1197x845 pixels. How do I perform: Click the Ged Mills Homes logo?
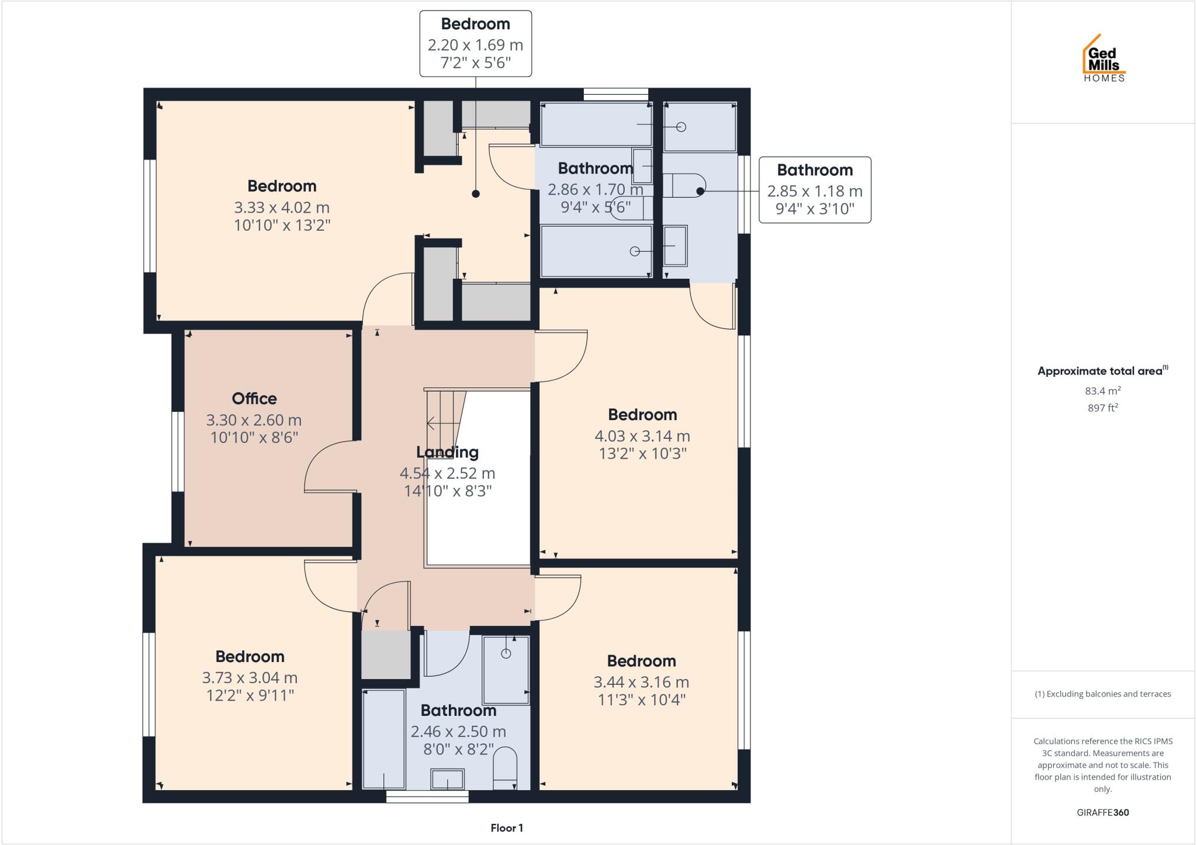[1104, 58]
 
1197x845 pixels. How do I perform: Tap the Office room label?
[254, 399]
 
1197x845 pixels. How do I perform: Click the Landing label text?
[447, 452]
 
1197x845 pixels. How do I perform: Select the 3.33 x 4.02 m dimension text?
[282, 207]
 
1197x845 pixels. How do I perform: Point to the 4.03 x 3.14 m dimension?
[642, 436]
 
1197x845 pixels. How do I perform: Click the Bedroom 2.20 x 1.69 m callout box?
[475, 43]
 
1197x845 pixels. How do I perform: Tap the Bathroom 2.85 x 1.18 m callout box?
[815, 189]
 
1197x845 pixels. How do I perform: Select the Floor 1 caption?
[507, 828]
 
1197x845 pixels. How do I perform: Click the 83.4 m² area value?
[1103, 391]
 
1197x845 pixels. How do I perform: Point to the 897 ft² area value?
[1103, 408]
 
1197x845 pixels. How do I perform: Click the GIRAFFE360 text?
[1103, 812]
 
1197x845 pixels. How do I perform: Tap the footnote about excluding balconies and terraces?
[1103, 694]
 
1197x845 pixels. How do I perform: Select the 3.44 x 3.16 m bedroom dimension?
[641, 682]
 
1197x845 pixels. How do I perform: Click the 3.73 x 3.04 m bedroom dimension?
[250, 678]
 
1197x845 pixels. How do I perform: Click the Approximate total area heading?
[1102, 371]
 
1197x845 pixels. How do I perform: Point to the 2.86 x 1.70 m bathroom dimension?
[595, 190]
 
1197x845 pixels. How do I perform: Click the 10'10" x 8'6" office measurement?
[254, 437]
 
